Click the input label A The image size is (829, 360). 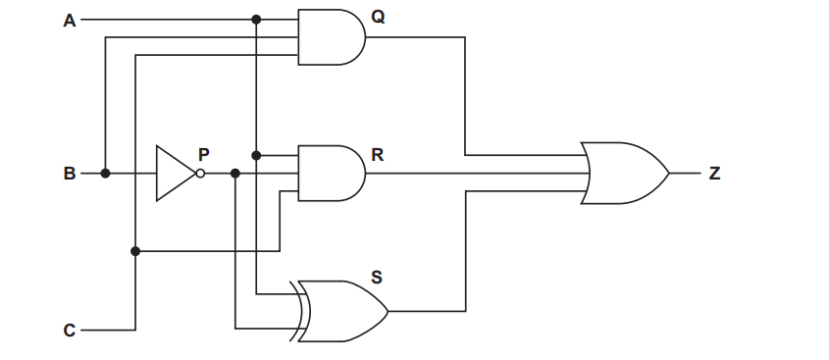click(69, 20)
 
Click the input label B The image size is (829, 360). click(69, 174)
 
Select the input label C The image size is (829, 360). click(69, 331)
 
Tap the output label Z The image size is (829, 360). click(714, 174)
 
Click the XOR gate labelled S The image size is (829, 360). click(343, 312)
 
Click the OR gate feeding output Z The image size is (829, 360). click(624, 174)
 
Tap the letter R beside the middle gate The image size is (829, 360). click(378, 155)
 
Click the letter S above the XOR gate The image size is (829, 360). click(377, 278)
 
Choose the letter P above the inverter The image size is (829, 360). click(204, 153)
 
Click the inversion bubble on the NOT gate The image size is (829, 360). click(200, 174)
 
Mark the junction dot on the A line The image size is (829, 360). click(256, 20)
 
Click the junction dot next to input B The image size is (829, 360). click(105, 174)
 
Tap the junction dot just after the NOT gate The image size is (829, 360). click(235, 174)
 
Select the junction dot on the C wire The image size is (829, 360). click(135, 252)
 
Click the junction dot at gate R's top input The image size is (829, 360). click(256, 155)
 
